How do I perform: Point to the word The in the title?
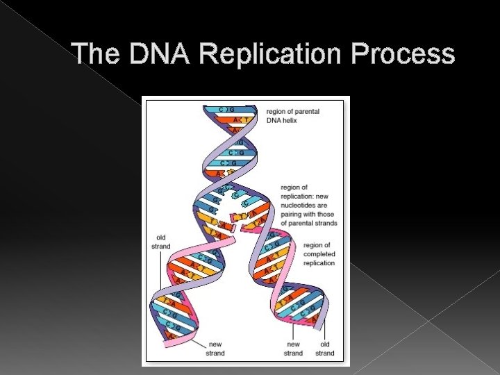tap(97, 53)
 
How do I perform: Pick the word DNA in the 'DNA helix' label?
tap(276, 120)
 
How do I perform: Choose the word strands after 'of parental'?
tap(323, 223)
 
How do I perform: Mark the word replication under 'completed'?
tap(319, 263)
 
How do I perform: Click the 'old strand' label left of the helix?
tap(160, 242)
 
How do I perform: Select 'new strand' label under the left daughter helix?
tap(215, 349)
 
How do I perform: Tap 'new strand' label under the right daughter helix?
tap(293, 349)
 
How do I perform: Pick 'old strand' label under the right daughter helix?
tap(324, 349)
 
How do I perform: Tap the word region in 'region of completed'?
tap(316, 245)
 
